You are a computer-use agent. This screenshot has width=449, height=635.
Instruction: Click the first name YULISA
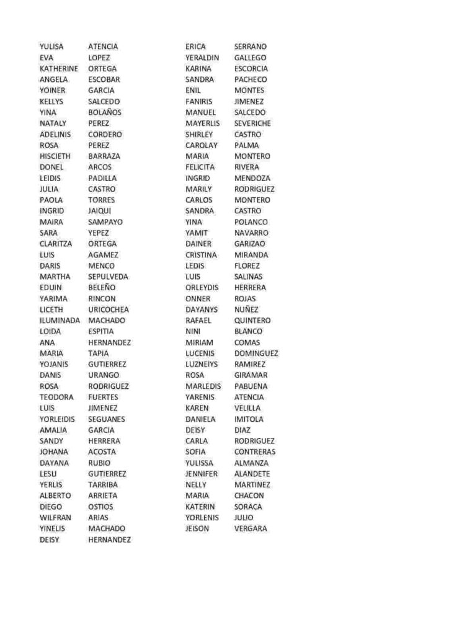(x=51, y=47)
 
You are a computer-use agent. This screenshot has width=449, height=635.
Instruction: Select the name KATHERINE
(x=59, y=69)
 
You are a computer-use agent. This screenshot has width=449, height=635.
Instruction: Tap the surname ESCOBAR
(x=104, y=79)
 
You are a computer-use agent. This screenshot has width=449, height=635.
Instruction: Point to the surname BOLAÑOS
(x=105, y=112)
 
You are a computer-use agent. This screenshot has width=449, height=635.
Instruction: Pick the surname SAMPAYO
(x=105, y=222)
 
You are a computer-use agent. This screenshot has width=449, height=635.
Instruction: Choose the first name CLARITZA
(x=56, y=244)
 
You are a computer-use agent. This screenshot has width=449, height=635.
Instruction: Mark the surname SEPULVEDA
(x=108, y=277)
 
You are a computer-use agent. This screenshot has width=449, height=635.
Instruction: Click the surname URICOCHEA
(x=109, y=309)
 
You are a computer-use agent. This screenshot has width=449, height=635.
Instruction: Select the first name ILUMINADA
(x=60, y=321)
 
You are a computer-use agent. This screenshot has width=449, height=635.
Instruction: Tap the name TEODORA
(x=56, y=397)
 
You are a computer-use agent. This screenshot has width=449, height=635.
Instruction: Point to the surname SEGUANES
(x=106, y=419)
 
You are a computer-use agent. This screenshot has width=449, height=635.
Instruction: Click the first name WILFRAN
(x=55, y=518)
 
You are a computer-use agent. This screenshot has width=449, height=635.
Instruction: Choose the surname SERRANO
(x=251, y=47)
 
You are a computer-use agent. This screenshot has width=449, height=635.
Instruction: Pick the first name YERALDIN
(x=202, y=58)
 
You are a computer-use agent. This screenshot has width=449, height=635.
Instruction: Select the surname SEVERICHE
(x=252, y=123)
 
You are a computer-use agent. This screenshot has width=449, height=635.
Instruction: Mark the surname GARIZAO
(x=250, y=244)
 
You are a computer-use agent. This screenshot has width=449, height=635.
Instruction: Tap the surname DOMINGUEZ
(x=256, y=353)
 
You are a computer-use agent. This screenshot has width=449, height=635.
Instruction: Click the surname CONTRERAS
(x=255, y=452)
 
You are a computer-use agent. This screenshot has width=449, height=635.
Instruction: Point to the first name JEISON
(x=197, y=529)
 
